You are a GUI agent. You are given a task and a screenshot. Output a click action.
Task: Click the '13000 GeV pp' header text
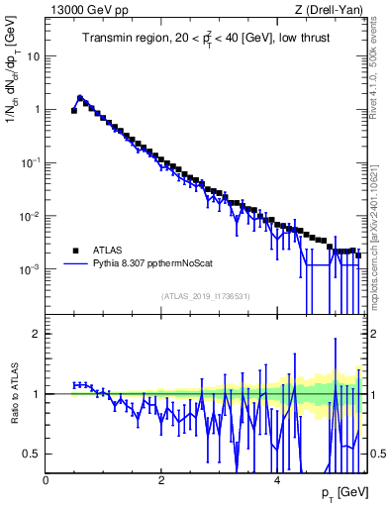[85, 10]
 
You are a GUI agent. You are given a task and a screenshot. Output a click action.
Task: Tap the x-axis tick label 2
[161, 479]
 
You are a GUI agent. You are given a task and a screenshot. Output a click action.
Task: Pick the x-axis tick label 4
[277, 479]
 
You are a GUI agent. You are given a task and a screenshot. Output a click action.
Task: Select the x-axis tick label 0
[47, 479]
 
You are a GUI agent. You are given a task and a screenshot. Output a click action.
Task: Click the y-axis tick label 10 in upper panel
[33, 55]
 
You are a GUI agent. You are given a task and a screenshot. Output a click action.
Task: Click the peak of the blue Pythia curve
[80, 97]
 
